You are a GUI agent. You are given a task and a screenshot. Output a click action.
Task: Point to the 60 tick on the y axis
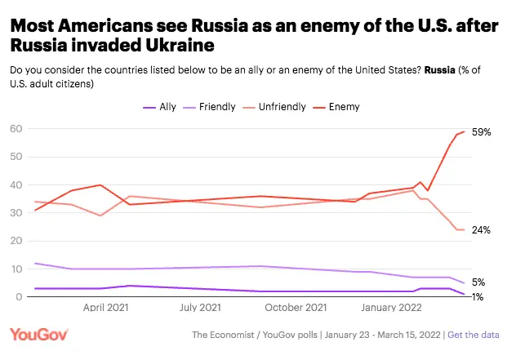pos(16,129)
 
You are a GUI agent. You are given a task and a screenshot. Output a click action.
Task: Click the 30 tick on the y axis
pos(16,213)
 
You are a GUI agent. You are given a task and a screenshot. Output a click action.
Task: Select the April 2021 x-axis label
pos(107,309)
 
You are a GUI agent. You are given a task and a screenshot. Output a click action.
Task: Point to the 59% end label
pos(481,131)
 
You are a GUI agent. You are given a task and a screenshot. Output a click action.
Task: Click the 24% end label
pos(481,230)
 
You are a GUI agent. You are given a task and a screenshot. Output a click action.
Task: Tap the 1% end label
pos(478,296)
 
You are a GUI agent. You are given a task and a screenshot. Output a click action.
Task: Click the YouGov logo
pos(39,335)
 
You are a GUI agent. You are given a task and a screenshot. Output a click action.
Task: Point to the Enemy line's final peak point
pos(465,131)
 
